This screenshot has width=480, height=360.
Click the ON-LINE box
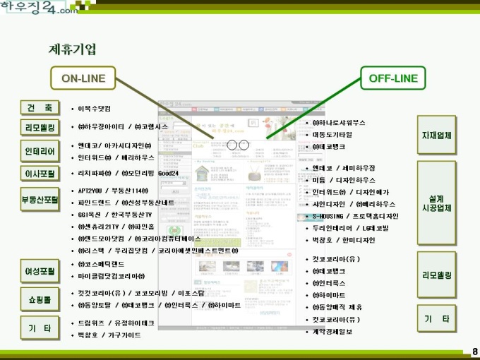pyautogui.click(x=84, y=78)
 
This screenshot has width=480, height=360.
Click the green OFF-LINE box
pyautogui.click(x=393, y=78)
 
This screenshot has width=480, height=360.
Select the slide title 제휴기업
pyautogui.click(x=73, y=49)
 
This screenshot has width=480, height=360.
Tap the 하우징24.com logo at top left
pyautogui.click(x=40, y=8)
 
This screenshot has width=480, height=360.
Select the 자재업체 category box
pyautogui.click(x=436, y=135)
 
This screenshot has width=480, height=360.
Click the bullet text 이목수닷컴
pyautogui.click(x=94, y=109)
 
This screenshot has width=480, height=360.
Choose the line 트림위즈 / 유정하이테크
pyautogui.click(x=116, y=323)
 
